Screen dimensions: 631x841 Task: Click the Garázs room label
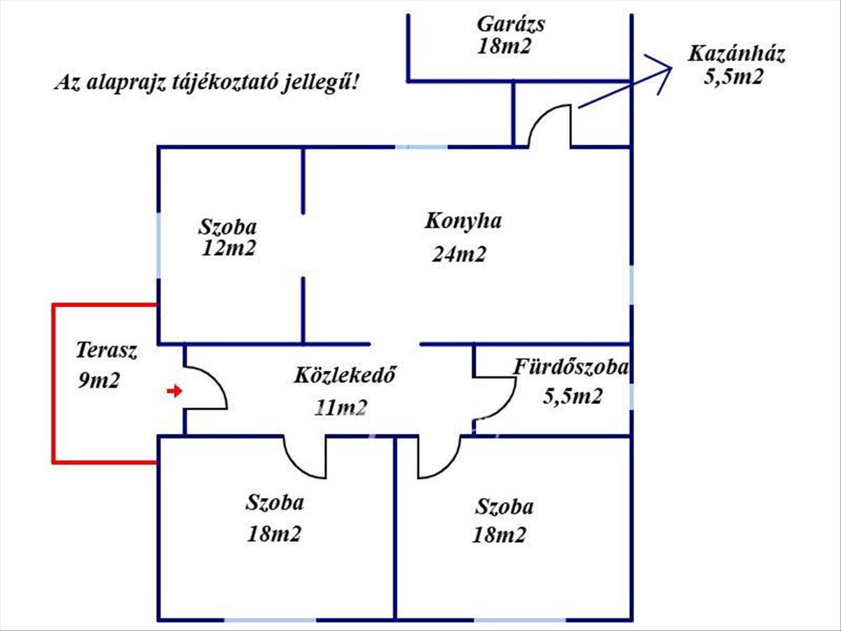[x=511, y=24]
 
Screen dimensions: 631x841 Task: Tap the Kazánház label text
[x=736, y=55]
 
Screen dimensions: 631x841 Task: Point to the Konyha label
[x=463, y=221]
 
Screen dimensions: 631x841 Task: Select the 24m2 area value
[x=459, y=255]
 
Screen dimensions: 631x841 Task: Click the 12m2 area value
[x=228, y=248]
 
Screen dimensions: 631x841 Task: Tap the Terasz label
[x=107, y=350]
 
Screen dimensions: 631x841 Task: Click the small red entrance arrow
[x=174, y=391]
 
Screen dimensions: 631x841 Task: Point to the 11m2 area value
[x=341, y=407]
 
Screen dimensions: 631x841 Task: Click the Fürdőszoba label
[x=571, y=367]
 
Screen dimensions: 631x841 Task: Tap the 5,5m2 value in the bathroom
[x=573, y=397]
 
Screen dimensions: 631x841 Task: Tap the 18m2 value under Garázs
[x=503, y=47]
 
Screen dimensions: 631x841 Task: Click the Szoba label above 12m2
[x=228, y=227]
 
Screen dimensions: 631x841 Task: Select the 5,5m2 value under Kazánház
[x=732, y=77]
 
